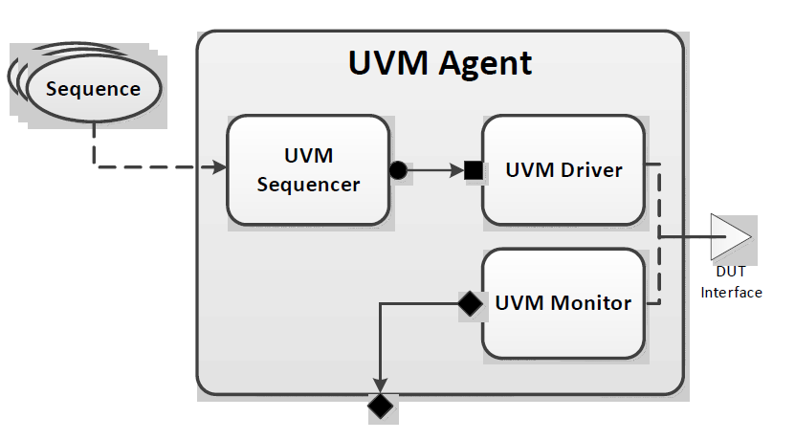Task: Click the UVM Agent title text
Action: [x=439, y=63]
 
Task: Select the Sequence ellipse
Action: [x=93, y=90]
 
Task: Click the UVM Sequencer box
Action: [x=307, y=170]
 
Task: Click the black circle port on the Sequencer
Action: [x=398, y=171]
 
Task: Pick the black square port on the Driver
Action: [x=473, y=171]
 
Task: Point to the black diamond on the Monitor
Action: [x=470, y=304]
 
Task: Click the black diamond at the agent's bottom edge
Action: [x=381, y=407]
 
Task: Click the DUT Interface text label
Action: [x=731, y=282]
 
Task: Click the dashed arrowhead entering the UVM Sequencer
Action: [x=220, y=168]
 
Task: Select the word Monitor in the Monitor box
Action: [x=589, y=303]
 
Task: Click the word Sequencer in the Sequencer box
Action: [x=308, y=184]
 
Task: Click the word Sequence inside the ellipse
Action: [x=93, y=90]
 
